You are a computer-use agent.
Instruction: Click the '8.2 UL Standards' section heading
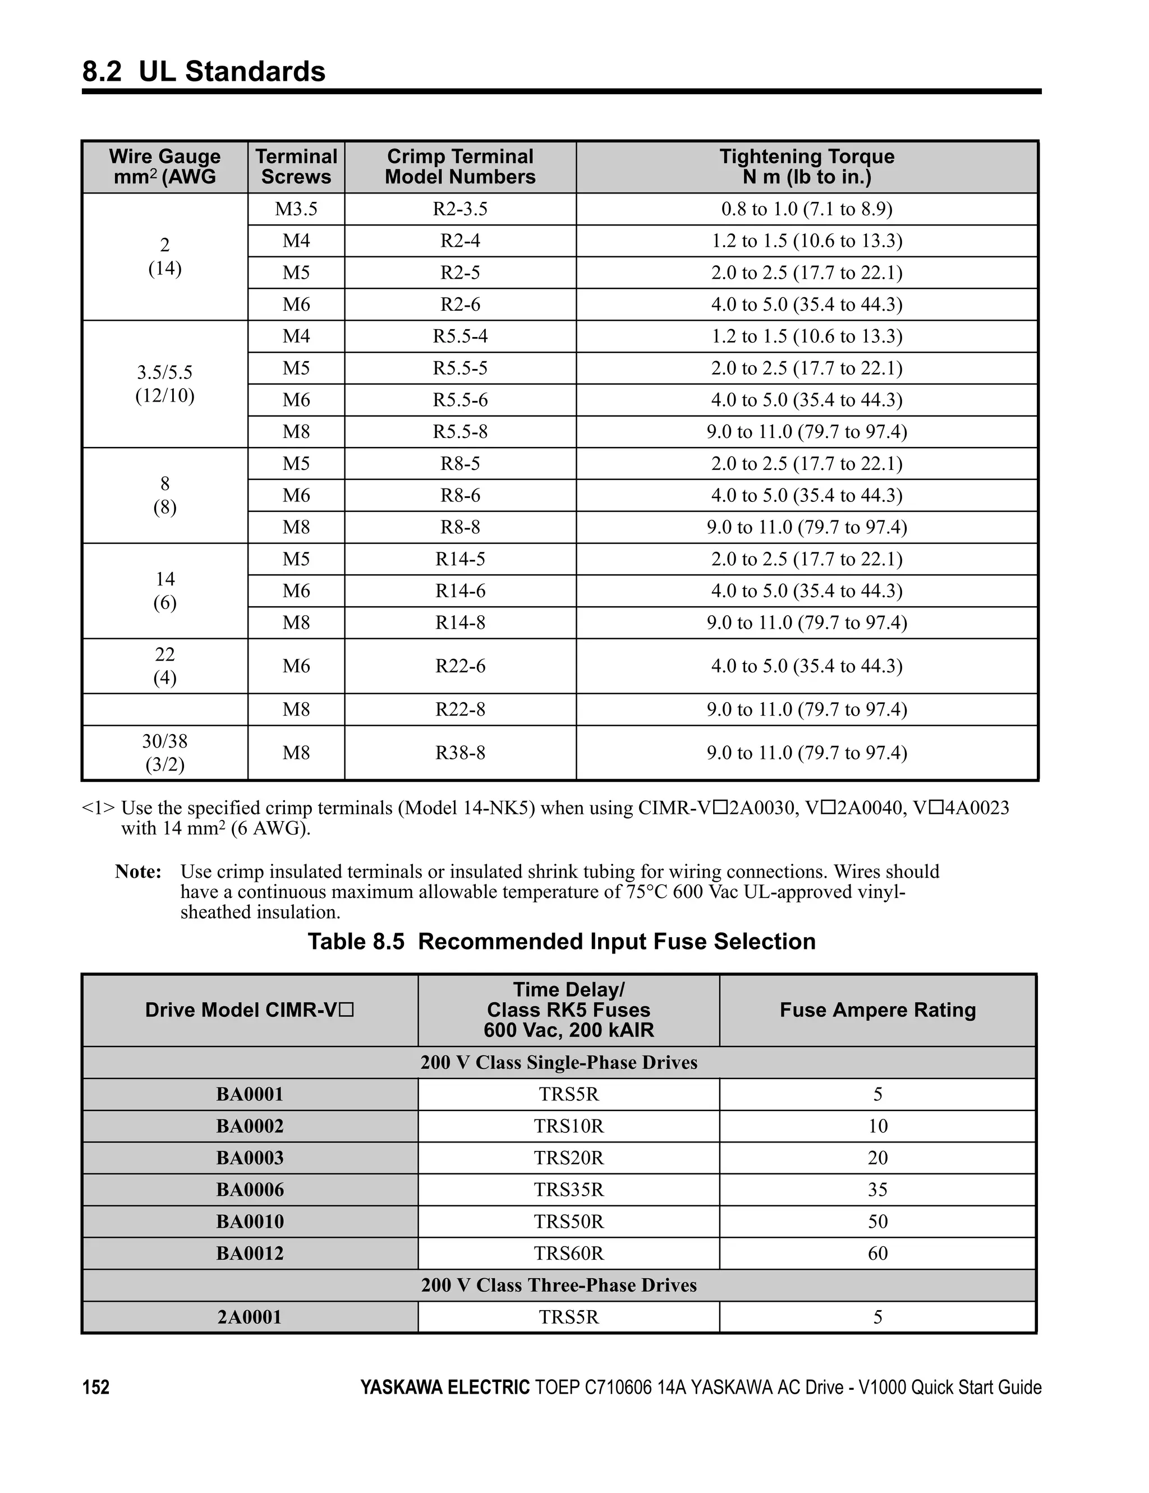[204, 72]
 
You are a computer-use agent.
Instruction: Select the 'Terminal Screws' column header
[296, 167]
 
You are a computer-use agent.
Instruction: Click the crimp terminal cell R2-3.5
[459, 209]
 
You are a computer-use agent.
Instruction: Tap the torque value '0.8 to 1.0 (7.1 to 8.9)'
[806, 209]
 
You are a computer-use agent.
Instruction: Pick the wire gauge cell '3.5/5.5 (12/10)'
[165, 384]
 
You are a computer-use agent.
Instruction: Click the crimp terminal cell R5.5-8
[459, 432]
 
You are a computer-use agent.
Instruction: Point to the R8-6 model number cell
[459, 496]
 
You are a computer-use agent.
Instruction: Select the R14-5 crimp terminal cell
[459, 559]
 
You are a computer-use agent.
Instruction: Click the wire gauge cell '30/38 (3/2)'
[165, 753]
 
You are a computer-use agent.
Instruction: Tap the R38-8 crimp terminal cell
[459, 753]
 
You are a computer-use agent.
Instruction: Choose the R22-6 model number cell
[459, 666]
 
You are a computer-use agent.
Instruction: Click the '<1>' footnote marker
[98, 808]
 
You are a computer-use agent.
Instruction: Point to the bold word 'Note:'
[138, 872]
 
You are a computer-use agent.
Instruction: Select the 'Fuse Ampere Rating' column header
[877, 1010]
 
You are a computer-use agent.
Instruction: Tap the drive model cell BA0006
[250, 1190]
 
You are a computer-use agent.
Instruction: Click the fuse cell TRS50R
[568, 1222]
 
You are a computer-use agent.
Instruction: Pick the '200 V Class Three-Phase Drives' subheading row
[559, 1285]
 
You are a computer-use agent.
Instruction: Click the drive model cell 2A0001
[250, 1317]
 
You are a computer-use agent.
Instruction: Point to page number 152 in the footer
[96, 1388]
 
